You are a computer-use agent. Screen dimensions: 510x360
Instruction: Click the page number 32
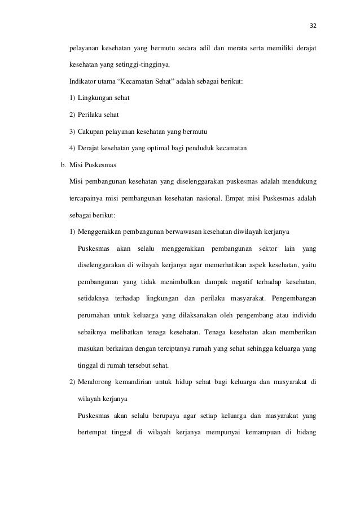(x=313, y=25)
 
